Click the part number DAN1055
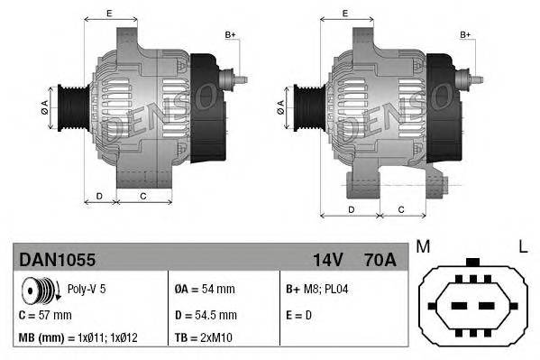[58, 260]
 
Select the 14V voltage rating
[327, 260]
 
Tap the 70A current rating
[378, 260]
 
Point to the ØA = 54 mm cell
[204, 290]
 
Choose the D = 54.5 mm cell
[206, 315]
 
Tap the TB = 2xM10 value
[204, 339]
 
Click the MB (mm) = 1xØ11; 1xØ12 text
[78, 339]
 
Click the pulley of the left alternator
[69, 109]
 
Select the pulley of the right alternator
[302, 109]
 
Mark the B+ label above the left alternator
[230, 34]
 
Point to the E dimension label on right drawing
[345, 14]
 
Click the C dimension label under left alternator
[142, 195]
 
